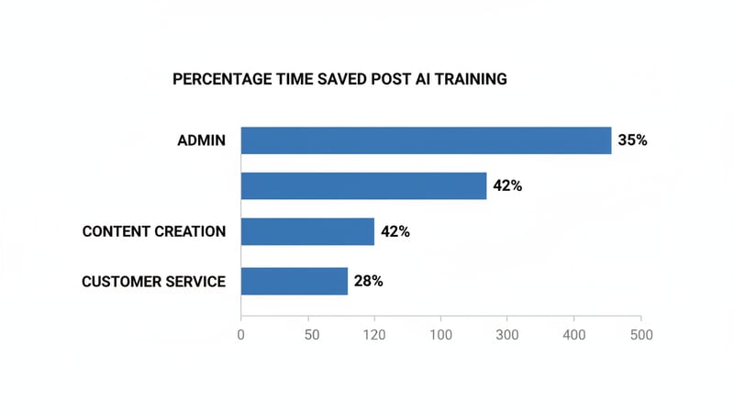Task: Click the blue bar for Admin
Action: [x=426, y=140]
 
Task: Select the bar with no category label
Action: [x=363, y=185]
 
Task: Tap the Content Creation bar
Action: [x=307, y=231]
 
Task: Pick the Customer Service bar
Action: [x=295, y=281]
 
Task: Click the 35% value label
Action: [x=633, y=140]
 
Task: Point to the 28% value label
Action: [x=369, y=281]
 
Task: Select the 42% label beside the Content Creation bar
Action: [x=395, y=231]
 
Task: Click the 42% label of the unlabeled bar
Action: [x=507, y=185]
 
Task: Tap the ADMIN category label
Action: [x=202, y=141]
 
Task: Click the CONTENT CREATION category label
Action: [x=154, y=231]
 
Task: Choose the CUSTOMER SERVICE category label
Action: [x=154, y=281]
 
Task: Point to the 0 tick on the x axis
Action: [x=240, y=335]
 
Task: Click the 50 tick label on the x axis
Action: [x=312, y=335]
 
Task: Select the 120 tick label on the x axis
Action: [x=374, y=335]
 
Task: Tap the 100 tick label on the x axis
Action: [x=441, y=335]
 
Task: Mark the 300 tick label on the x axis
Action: [x=507, y=335]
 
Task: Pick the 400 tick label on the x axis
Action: [x=573, y=335]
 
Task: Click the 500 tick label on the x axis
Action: [x=640, y=335]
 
